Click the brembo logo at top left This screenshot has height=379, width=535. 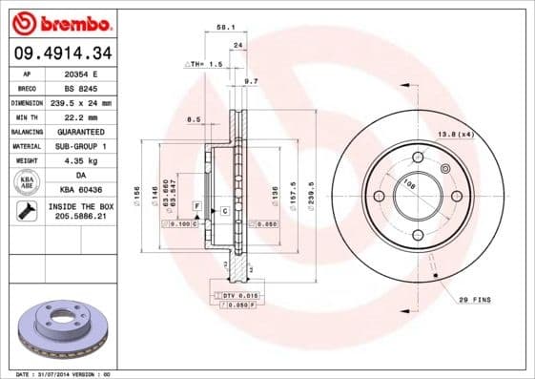60,21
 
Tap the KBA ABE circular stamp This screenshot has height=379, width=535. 27,182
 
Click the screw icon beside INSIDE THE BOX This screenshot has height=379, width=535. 27,211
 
